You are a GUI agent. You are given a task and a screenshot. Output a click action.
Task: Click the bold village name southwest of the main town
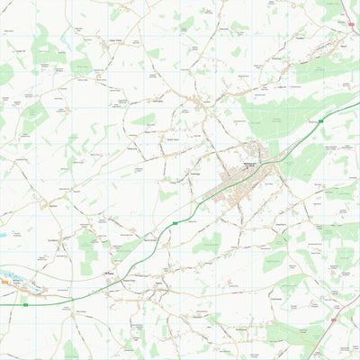point(110,272)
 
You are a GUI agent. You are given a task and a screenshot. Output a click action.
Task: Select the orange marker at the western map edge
point(4,281)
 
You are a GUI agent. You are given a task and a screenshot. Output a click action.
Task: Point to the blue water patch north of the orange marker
point(3,234)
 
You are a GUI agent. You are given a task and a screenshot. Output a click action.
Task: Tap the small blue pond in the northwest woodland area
point(40,64)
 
